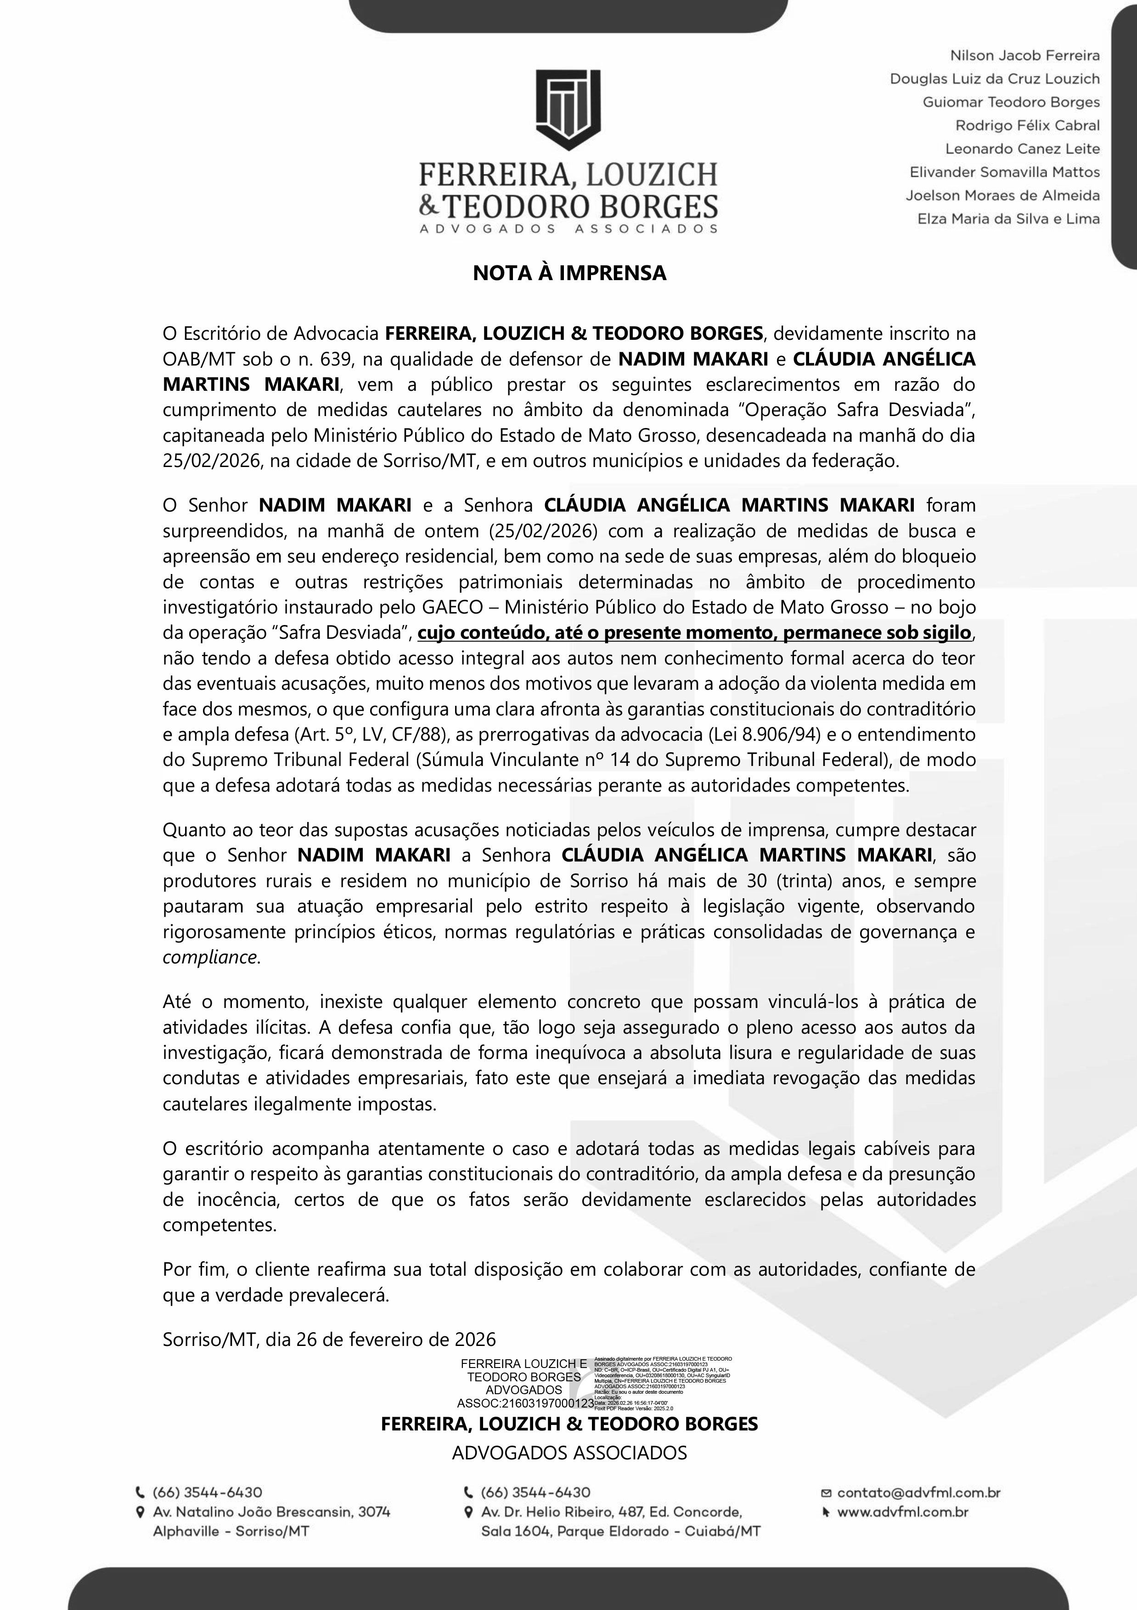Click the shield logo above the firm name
click(568, 109)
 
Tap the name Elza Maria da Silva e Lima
click(1008, 219)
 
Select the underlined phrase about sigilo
click(694, 632)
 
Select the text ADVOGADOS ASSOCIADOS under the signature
click(569, 1452)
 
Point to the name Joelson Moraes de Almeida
click(1002, 196)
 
